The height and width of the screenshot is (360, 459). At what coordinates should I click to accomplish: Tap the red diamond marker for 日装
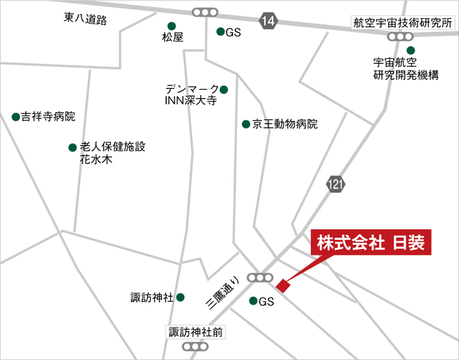pyautogui.click(x=282, y=285)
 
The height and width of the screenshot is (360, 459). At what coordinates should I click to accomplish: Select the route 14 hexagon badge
pyautogui.click(x=269, y=21)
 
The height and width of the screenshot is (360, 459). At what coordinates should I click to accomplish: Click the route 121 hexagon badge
pyautogui.click(x=335, y=184)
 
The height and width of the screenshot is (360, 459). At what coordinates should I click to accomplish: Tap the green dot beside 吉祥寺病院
pyautogui.click(x=15, y=116)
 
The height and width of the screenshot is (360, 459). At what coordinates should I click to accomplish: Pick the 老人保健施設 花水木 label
pyautogui.click(x=112, y=153)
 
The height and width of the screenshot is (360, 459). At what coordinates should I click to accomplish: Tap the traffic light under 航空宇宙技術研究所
pyautogui.click(x=400, y=35)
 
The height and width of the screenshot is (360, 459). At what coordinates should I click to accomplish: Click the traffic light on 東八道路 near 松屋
pyautogui.click(x=204, y=12)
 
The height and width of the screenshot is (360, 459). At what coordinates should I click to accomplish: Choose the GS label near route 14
pyautogui.click(x=232, y=32)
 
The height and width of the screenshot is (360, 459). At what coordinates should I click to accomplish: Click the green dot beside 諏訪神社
pyautogui.click(x=180, y=297)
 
